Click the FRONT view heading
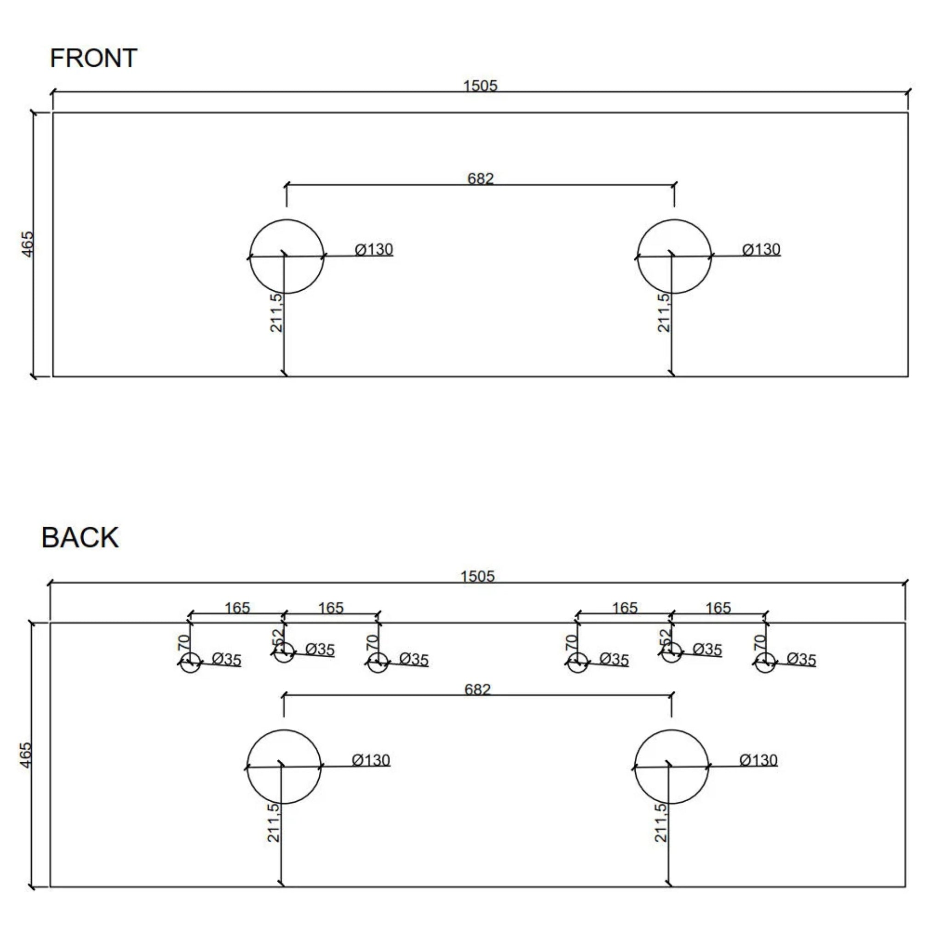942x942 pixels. [94, 58]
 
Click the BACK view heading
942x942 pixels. [80, 538]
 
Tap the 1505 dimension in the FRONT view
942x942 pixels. [480, 86]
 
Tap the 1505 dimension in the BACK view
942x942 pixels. [478, 576]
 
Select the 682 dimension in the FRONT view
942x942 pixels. [481, 178]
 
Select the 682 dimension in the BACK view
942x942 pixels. [478, 689]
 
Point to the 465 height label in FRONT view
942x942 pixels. [28, 244]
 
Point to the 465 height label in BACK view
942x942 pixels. [25, 755]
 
